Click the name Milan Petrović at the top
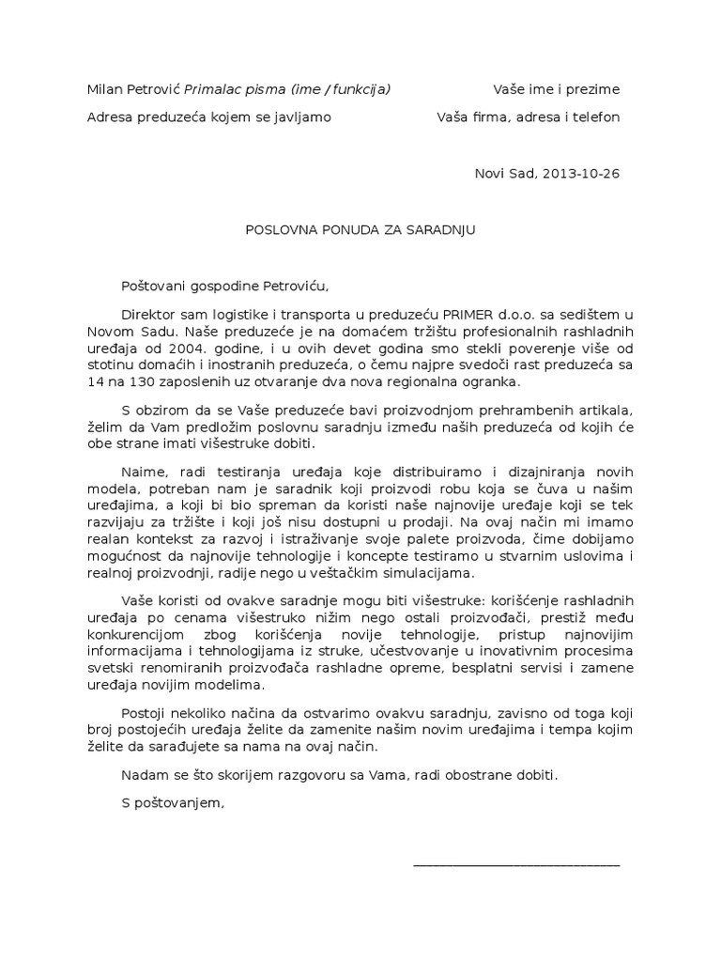(133, 89)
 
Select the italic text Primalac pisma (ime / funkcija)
(288, 89)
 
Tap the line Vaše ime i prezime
(557, 89)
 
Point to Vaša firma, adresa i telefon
(529, 117)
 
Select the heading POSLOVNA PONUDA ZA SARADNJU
(360, 228)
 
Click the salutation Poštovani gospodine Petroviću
(226, 286)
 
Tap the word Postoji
(145, 713)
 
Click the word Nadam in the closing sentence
(143, 775)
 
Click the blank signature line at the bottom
(516, 862)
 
